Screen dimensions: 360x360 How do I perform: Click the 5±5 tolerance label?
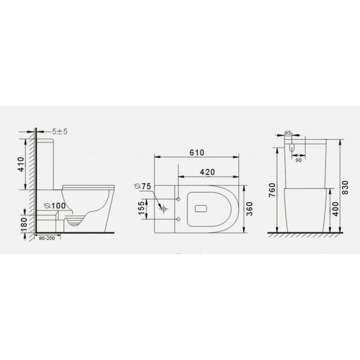[59, 131]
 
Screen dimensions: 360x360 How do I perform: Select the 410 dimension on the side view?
[20, 163]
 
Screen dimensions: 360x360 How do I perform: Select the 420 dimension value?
[207, 172]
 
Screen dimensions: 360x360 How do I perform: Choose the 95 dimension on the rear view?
[287, 133]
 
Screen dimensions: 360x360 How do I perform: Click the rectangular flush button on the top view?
[200, 208]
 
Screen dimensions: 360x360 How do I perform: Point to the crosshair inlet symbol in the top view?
[162, 208]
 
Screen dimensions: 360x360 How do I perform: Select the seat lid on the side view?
[88, 185]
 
